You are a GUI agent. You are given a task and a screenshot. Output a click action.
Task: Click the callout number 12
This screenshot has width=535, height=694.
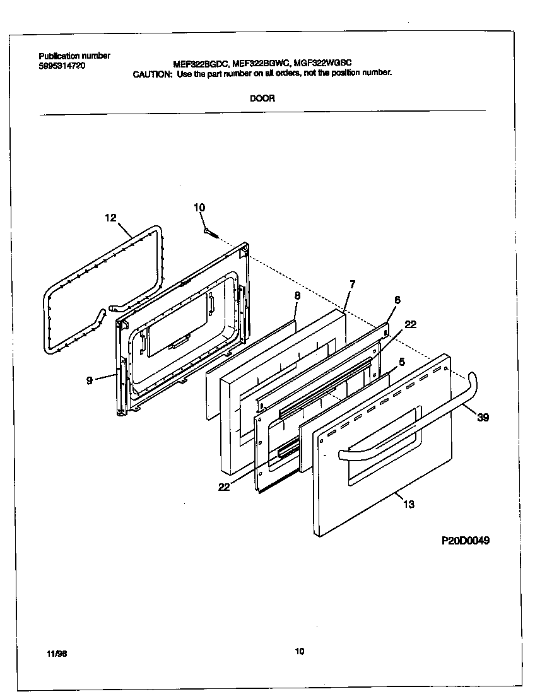[110, 218]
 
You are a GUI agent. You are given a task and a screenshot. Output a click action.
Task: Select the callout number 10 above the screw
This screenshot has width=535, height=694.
[199, 208]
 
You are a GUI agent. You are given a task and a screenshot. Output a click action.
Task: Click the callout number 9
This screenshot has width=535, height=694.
[89, 380]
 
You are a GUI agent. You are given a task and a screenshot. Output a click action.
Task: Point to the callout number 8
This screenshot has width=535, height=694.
[297, 295]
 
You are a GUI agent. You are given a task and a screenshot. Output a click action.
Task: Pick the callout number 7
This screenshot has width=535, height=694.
[352, 284]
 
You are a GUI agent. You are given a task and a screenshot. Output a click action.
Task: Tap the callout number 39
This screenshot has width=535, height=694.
[483, 417]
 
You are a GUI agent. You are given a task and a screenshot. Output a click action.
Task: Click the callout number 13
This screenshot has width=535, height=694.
[409, 504]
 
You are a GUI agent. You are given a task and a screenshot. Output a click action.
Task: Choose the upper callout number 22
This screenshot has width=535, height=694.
[411, 324]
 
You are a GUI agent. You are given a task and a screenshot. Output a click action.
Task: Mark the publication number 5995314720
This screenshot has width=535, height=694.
[62, 65]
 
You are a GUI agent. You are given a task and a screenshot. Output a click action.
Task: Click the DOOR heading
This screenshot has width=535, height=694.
[262, 98]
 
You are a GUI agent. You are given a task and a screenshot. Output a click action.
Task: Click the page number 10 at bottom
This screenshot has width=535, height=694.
[299, 651]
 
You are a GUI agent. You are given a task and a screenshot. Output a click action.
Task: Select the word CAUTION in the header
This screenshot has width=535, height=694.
[151, 73]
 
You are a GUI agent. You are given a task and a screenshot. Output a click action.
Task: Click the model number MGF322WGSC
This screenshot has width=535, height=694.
[323, 62]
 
